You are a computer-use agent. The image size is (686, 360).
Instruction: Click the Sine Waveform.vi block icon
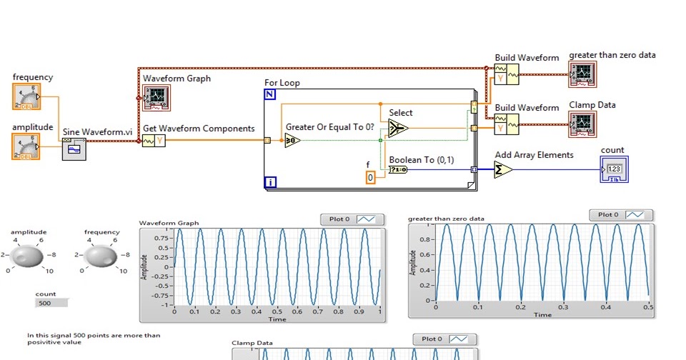74,149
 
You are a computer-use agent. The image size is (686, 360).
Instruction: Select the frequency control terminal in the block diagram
26,98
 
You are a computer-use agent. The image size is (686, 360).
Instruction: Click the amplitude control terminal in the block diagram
26,146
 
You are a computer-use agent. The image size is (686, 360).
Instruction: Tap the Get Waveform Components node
154,141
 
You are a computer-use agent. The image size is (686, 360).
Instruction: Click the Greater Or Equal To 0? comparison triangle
292,141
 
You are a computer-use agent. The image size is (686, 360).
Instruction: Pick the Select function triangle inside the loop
398,128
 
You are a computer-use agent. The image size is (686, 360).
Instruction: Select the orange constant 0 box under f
370,177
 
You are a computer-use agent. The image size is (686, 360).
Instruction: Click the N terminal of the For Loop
270,95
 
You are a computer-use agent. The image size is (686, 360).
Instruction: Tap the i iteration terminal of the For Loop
270,183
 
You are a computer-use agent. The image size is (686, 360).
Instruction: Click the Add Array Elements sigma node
503,169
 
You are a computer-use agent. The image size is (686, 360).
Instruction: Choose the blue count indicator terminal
614,169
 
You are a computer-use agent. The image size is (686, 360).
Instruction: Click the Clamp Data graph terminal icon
582,124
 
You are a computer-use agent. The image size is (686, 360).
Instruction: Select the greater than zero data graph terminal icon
582,74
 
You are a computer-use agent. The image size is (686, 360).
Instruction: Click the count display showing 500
51,303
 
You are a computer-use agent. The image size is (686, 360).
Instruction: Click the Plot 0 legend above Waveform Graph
352,219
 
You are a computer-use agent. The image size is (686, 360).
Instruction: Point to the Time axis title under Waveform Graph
277,319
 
